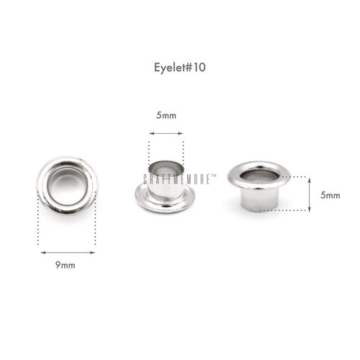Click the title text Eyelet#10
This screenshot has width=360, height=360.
click(180, 68)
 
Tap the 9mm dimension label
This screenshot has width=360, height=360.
click(66, 265)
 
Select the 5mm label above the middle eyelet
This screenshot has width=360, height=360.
click(166, 115)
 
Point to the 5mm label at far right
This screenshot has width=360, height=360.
click(330, 195)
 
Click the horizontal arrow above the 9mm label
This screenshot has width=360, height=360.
click(68, 253)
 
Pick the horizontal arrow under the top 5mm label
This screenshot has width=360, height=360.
click(166, 133)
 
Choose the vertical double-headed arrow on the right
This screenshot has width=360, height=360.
click(310, 194)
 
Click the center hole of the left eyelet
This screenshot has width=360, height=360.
click(67, 186)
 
